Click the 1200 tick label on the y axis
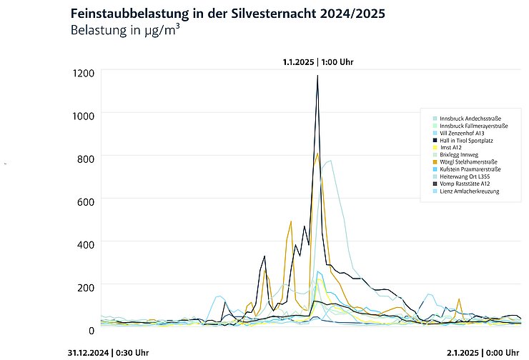click(83, 72)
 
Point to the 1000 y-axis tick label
click(83, 114)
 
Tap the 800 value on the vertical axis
click(86, 157)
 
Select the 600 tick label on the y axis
click(86, 201)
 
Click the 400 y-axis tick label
click(86, 244)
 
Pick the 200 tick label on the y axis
click(86, 287)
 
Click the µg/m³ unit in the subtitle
click(162, 31)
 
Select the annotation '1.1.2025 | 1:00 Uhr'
click(317, 61)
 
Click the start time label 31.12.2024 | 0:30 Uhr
click(108, 352)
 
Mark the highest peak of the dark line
click(317, 76)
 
